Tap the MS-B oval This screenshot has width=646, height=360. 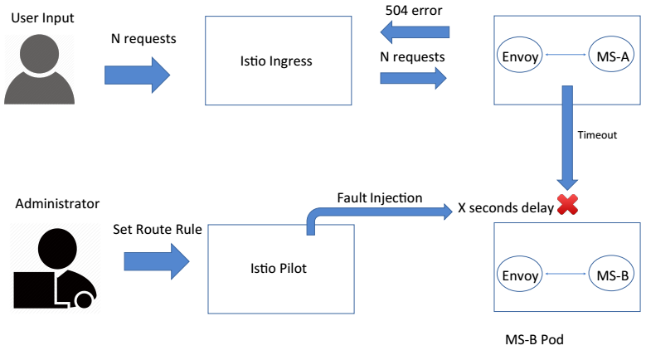612,275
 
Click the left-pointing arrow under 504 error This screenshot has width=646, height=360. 414,32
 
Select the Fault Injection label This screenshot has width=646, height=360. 379,198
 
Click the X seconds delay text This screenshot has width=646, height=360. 505,208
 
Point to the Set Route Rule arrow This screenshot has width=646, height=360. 157,262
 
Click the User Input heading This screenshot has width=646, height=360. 42,17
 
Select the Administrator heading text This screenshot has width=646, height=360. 56,203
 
